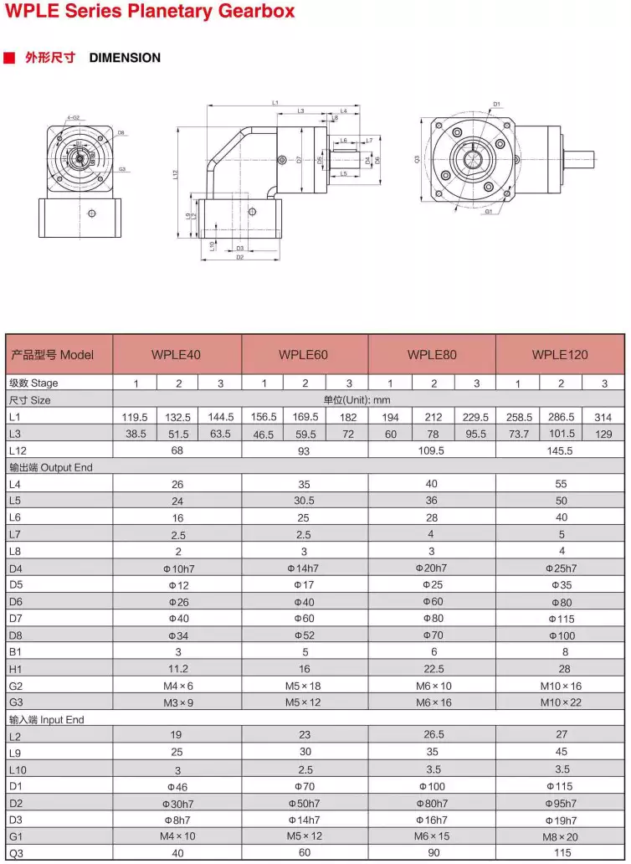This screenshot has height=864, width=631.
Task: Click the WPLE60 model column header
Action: pos(304,354)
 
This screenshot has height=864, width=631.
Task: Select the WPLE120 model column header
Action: pos(560,354)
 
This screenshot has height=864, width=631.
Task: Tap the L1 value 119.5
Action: pos(135,416)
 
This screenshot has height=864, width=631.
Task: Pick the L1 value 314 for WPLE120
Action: pos(604,416)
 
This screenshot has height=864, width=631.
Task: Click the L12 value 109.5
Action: pos(433,450)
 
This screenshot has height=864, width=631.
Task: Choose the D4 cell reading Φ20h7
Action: pos(432,568)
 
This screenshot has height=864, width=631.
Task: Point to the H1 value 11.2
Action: pos(177,669)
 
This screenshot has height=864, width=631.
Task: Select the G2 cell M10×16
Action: pos(560,686)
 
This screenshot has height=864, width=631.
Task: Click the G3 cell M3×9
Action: pos(177,702)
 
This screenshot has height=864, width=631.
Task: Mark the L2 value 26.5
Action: pos(433,736)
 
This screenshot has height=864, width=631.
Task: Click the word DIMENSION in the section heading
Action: pos(125,58)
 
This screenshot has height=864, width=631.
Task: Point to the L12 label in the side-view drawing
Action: pos(176,174)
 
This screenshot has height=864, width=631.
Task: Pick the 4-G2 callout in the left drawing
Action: pos(73,117)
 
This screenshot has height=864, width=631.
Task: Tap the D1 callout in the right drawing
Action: pos(496,105)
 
